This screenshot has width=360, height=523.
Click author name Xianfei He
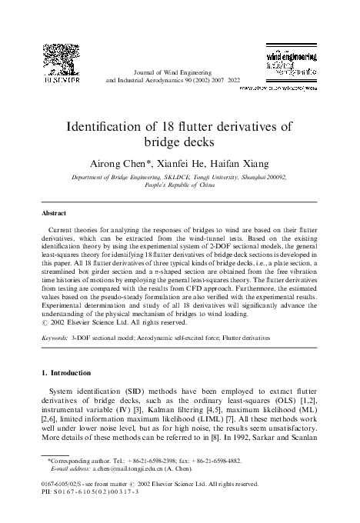[x=182, y=163]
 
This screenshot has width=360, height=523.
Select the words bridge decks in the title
[x=179, y=142]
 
